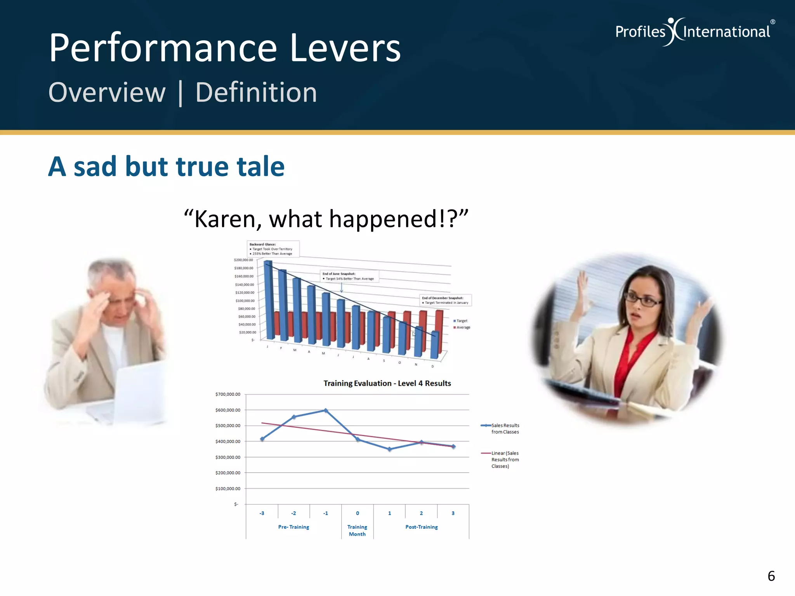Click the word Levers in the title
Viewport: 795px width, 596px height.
pyautogui.click(x=345, y=48)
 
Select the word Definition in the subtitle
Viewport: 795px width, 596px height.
pyautogui.click(x=256, y=93)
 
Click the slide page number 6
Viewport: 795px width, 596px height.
pyautogui.click(x=771, y=576)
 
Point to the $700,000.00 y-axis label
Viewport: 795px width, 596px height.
pyautogui.click(x=228, y=394)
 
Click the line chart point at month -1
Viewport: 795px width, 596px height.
pyautogui.click(x=326, y=411)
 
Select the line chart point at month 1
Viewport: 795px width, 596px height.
pyautogui.click(x=390, y=449)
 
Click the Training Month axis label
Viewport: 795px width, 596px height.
pyautogui.click(x=357, y=530)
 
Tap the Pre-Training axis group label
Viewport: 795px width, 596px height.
pyautogui.click(x=293, y=527)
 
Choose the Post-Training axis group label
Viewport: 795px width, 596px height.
pyautogui.click(x=422, y=527)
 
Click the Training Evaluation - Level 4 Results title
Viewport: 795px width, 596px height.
pyautogui.click(x=387, y=383)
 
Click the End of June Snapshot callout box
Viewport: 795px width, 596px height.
pyautogui.click(x=349, y=276)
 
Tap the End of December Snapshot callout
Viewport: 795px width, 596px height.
pyautogui.click(x=445, y=300)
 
